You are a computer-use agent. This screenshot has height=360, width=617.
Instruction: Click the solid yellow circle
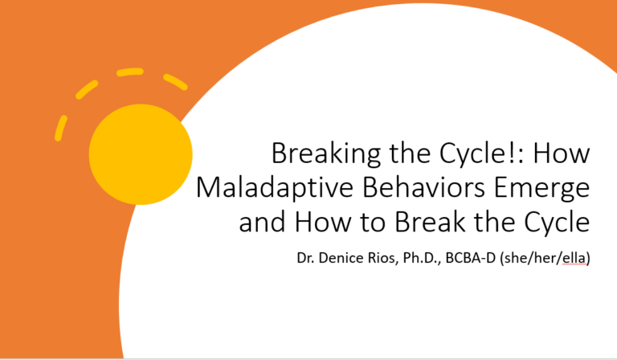click(x=141, y=153)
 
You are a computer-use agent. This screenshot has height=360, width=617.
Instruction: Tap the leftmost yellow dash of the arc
click(x=61, y=127)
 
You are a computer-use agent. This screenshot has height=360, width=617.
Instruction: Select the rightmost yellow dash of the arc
click(x=175, y=81)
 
